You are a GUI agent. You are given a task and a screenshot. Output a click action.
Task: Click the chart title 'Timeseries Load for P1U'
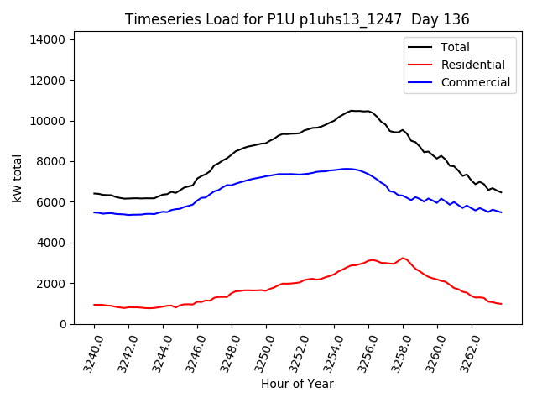(297, 19)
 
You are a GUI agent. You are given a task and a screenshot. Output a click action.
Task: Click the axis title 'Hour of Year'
(297, 384)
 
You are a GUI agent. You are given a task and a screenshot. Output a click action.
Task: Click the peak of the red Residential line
(403, 258)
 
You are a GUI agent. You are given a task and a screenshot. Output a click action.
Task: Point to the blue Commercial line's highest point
(346, 169)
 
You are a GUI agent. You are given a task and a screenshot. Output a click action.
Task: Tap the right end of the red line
(502, 304)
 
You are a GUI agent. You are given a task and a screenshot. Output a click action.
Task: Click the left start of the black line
(94, 193)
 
